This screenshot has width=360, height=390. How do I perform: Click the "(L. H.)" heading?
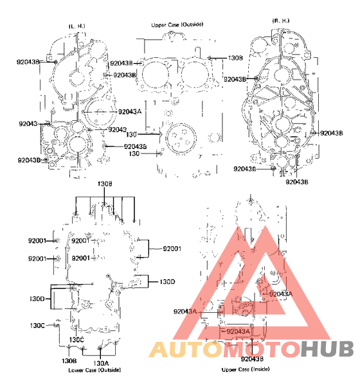click(77, 25)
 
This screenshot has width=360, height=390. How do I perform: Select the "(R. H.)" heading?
click(280, 20)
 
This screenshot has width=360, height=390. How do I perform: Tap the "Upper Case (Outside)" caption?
click(177, 24)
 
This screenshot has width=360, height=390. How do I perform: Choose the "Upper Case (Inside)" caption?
click(246, 370)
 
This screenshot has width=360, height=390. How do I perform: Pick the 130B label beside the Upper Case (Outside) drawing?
click(235, 58)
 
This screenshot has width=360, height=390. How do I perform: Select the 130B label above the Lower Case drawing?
click(105, 184)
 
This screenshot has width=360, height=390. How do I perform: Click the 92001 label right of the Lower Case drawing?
click(172, 248)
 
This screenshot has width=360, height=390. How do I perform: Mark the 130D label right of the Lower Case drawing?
click(168, 281)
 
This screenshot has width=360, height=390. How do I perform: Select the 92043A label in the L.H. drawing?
click(129, 111)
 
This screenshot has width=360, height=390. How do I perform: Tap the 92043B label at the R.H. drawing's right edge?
click(331, 133)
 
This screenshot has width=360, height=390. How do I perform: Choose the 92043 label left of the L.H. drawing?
click(28, 123)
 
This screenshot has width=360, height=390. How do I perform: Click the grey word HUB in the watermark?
click(327, 349)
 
